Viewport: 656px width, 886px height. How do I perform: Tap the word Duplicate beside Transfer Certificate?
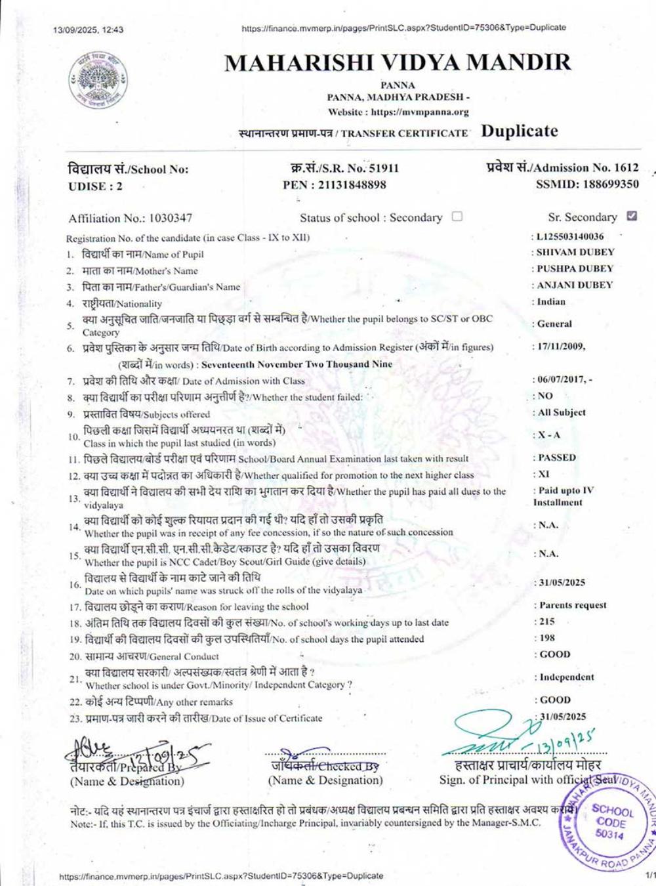pyautogui.click(x=520, y=131)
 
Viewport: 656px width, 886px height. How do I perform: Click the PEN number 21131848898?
pyautogui.click(x=352, y=185)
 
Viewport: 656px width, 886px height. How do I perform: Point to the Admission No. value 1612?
pyautogui.click(x=626, y=167)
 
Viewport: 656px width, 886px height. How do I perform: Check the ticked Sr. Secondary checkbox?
pyautogui.click(x=632, y=216)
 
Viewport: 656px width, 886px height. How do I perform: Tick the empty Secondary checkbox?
pyautogui.click(x=457, y=217)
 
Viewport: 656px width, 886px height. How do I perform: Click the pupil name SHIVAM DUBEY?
pyautogui.click(x=575, y=252)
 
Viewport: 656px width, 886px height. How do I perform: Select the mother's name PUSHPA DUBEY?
pyautogui.click(x=575, y=268)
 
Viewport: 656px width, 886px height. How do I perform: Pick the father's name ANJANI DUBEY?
pyautogui.click(x=575, y=285)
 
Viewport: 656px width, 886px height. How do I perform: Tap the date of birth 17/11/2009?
pyautogui.click(x=560, y=347)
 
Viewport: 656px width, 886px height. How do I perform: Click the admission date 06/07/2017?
pyautogui.click(x=560, y=380)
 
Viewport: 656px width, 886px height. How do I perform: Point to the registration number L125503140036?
pyautogui.click(x=570, y=236)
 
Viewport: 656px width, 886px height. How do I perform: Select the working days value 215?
pyautogui.click(x=547, y=622)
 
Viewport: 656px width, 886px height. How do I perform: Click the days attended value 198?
pyautogui.click(x=547, y=638)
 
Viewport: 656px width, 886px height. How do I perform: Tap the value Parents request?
pyautogui.click(x=573, y=605)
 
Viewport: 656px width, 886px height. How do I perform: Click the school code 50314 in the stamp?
pyautogui.click(x=610, y=835)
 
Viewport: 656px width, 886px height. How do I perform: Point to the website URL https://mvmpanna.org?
pyautogui.click(x=420, y=112)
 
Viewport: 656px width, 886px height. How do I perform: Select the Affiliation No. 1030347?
pyautogui.click(x=170, y=218)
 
